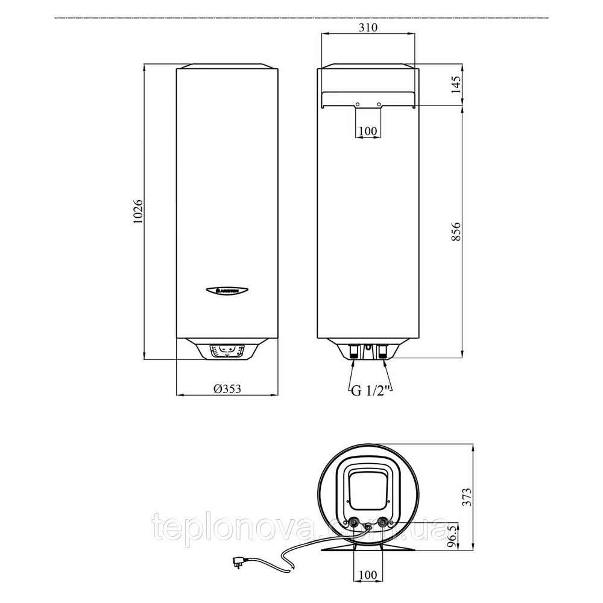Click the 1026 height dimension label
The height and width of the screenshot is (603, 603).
click(137, 213)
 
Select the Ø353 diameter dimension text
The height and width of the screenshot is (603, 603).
click(227, 389)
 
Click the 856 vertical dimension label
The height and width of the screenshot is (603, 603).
click(456, 232)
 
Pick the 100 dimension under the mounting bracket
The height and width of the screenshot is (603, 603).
click(367, 131)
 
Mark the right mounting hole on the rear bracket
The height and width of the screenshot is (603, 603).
click(379, 105)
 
